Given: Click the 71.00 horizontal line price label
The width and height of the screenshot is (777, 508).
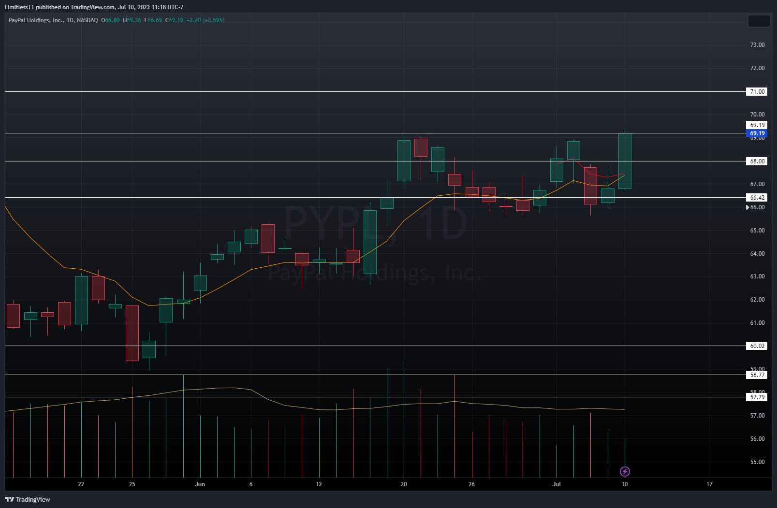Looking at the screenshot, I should click(x=757, y=91).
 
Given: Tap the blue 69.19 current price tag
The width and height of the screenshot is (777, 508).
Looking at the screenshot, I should click(x=757, y=133).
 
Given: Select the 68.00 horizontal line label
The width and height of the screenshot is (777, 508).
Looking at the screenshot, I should click(x=757, y=161).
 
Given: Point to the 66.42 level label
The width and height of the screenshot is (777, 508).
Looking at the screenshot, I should click(x=757, y=197).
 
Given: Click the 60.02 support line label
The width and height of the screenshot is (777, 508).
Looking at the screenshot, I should click(x=757, y=346).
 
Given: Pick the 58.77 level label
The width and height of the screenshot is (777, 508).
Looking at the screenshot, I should click(x=757, y=375).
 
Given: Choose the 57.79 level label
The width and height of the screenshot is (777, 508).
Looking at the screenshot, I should click(x=757, y=397).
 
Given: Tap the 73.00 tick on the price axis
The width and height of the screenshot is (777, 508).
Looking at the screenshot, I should click(x=757, y=45).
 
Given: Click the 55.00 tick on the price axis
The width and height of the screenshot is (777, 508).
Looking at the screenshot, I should click(x=757, y=462).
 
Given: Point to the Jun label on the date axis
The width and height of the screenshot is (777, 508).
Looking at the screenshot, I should click(x=200, y=484).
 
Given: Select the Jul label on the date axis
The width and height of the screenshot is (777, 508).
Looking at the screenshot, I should click(x=557, y=484).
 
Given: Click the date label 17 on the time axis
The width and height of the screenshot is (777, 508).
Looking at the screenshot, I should click(x=709, y=484).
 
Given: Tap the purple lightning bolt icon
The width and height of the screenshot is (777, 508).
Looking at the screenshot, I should click(x=625, y=471).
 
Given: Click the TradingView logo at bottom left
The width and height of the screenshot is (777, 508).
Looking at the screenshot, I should click(x=28, y=499).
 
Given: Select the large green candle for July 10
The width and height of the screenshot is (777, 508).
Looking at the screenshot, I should click(x=625, y=161).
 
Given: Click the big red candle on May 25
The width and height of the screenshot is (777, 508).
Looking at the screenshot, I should click(x=132, y=333).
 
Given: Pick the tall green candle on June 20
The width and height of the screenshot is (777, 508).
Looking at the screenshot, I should click(x=404, y=160).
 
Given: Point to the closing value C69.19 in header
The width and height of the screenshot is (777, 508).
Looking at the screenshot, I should click(x=174, y=20).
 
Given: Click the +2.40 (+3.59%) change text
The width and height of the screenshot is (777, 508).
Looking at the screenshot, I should click(x=205, y=20).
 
